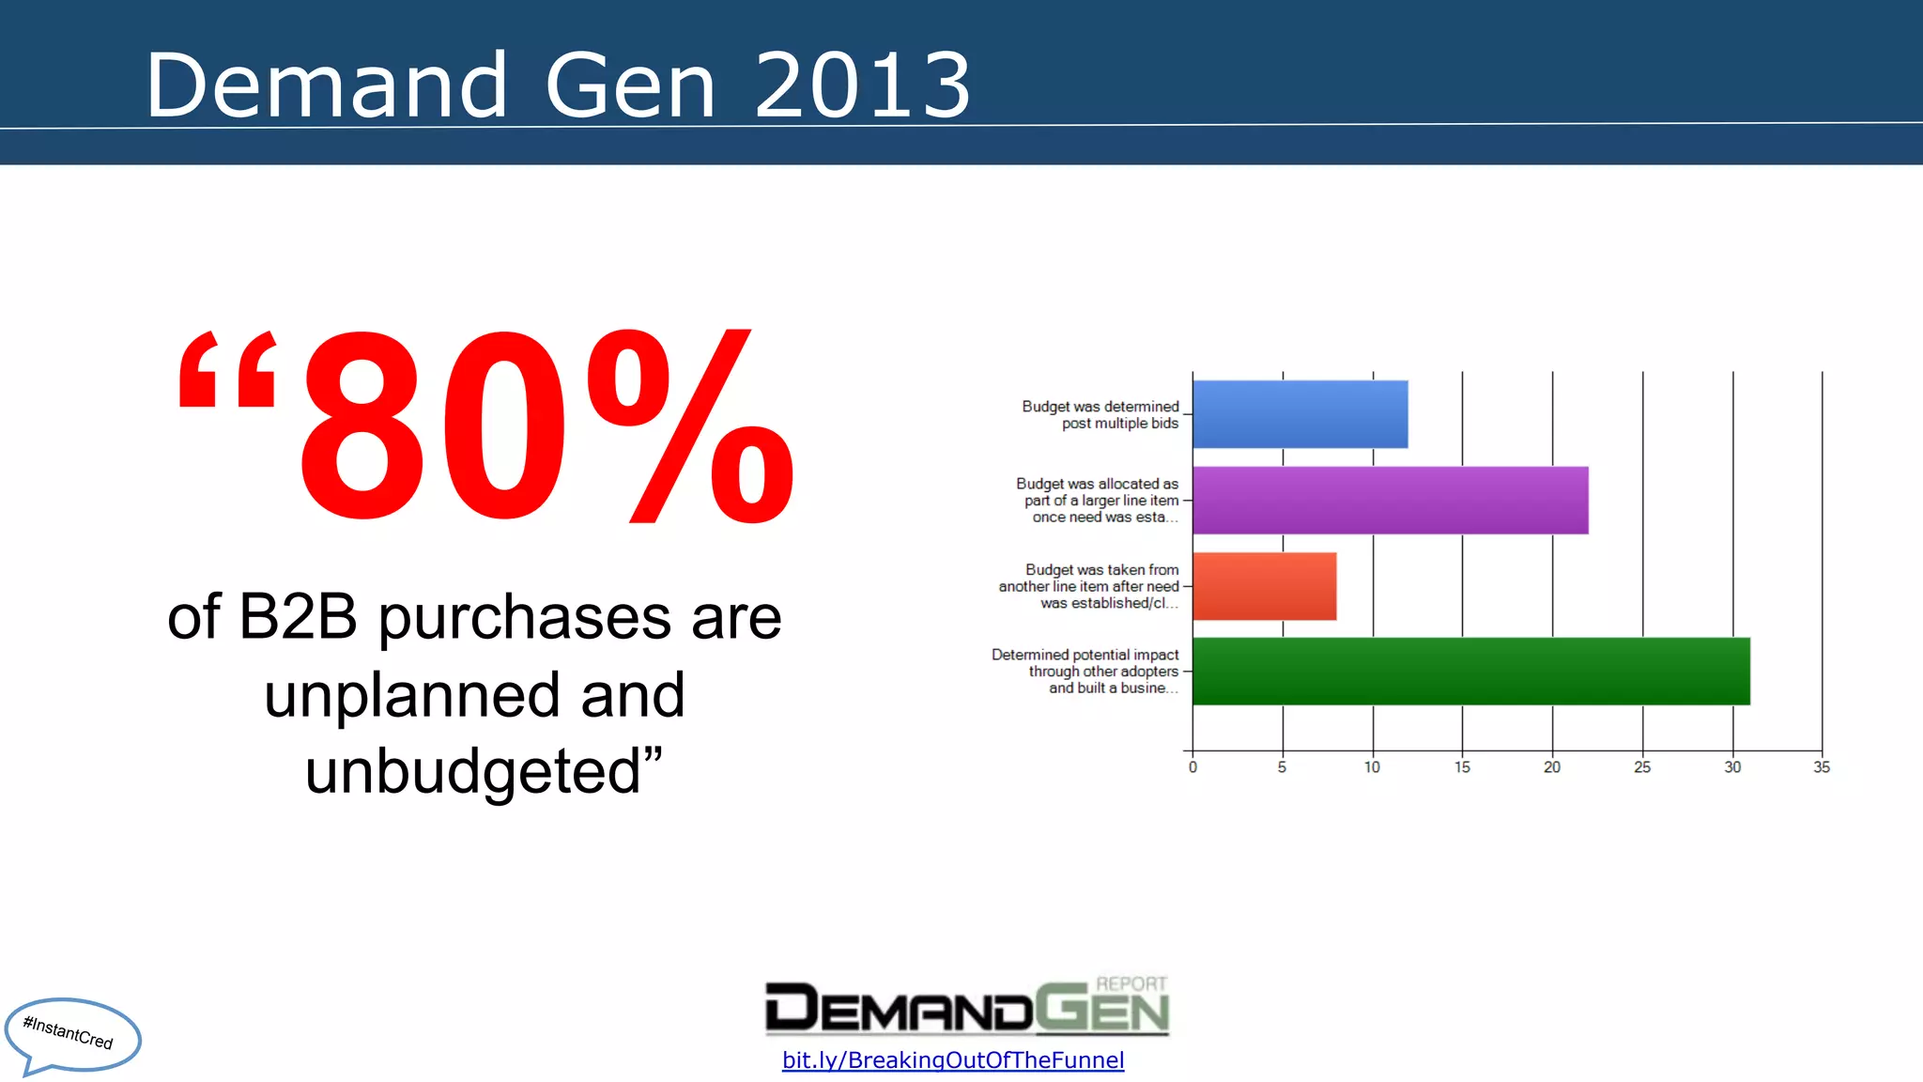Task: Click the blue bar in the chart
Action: (x=1300, y=414)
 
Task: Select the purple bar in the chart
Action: (x=1390, y=501)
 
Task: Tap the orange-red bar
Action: (x=1264, y=586)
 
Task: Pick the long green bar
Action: (x=1470, y=672)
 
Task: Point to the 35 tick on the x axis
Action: (x=1822, y=767)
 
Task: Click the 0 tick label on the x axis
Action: (x=1192, y=767)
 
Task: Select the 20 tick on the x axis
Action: (x=1552, y=767)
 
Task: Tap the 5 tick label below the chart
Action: (x=1282, y=767)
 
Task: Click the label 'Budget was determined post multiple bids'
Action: (x=1100, y=415)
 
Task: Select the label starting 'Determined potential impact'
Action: (x=1085, y=672)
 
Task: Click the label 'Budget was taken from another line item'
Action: (x=1089, y=586)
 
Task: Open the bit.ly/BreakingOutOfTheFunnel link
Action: (x=952, y=1060)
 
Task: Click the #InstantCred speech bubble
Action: (x=71, y=1034)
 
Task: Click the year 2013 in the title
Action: (x=862, y=86)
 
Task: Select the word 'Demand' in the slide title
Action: (x=327, y=86)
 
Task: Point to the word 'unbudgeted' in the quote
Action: (x=472, y=772)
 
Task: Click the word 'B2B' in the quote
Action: (x=298, y=617)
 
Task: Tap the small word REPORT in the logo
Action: (x=1131, y=983)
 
